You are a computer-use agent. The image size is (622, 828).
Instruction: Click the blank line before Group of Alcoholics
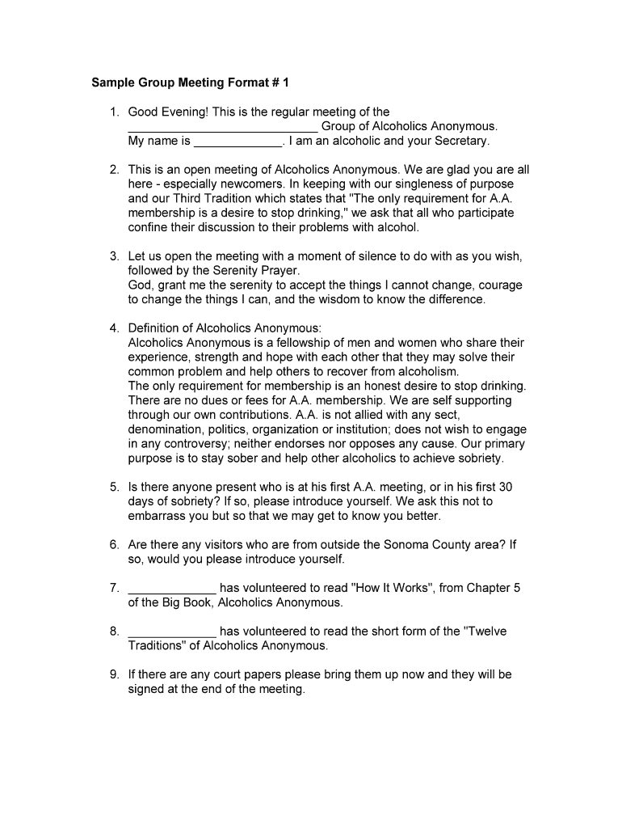(223, 127)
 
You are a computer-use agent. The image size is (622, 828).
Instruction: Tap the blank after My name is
(238, 142)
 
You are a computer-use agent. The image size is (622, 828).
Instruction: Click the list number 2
(115, 170)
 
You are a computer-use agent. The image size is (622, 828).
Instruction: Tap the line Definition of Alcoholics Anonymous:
(225, 328)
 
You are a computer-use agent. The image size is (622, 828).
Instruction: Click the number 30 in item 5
(506, 487)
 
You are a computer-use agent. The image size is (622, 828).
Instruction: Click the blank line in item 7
(172, 589)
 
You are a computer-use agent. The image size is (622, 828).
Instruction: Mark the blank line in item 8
(172, 632)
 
